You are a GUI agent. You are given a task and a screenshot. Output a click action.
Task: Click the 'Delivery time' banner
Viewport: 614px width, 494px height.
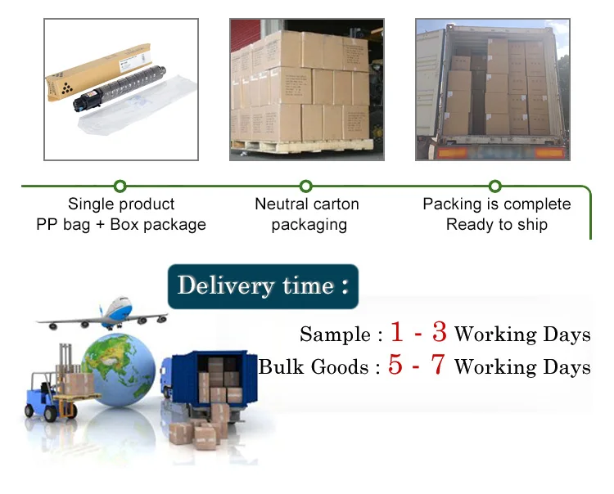pos(263,286)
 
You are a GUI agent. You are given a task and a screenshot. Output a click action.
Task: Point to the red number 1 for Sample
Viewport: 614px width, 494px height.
pos(398,333)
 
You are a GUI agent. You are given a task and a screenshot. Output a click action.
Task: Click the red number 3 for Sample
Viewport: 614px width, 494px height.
pos(439,333)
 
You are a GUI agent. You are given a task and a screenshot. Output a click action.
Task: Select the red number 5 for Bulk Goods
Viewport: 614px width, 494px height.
pos(396,366)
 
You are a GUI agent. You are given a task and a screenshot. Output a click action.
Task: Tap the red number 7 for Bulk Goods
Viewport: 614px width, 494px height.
pos(437,366)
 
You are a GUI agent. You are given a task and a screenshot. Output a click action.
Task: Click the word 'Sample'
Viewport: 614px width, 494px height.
pos(335,335)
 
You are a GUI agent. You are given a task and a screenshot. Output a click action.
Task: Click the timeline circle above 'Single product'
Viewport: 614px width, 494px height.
pos(120,186)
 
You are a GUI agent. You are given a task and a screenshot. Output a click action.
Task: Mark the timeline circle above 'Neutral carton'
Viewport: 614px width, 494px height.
pos(306,186)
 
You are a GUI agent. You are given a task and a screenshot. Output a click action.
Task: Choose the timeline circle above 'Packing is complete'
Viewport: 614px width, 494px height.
pos(495,186)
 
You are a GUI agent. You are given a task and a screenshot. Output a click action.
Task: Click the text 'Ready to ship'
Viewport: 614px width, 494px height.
pos(496,224)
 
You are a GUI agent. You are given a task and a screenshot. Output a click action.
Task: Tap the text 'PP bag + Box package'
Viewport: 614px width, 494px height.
pos(121,224)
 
